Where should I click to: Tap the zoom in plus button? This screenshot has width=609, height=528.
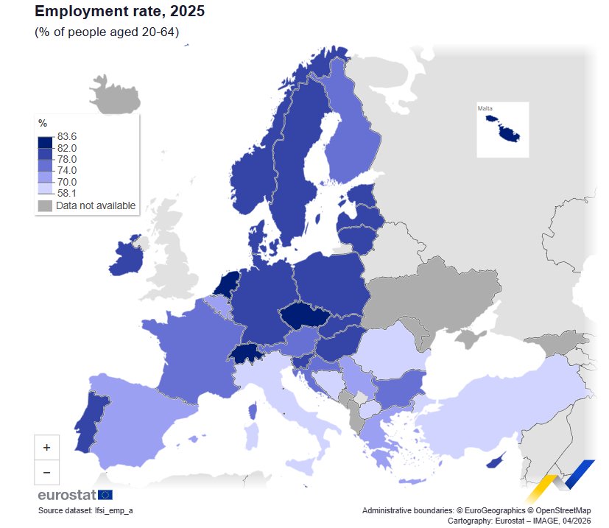coord(46,447)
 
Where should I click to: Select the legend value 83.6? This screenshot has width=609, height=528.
coord(67,136)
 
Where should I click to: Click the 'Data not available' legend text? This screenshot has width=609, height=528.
coord(96,205)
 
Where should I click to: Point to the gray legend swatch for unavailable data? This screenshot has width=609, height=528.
coord(45,205)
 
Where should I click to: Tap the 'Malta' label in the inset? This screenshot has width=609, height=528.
coord(485,109)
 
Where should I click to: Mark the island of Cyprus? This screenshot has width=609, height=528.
coord(494,462)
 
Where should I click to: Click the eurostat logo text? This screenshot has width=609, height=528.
coord(66,494)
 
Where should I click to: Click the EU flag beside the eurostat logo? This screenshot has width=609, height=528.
coord(105,494)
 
